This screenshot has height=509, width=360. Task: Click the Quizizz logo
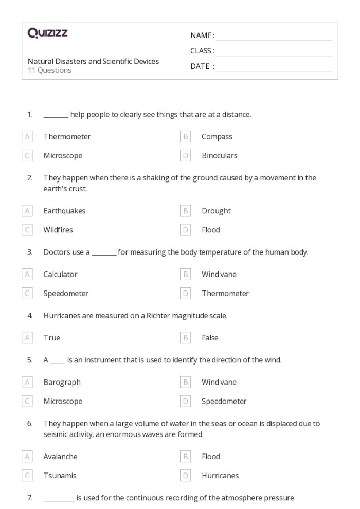click(x=47, y=34)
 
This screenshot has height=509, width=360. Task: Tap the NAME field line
click(x=274, y=36)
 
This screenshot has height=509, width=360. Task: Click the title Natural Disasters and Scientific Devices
click(x=93, y=61)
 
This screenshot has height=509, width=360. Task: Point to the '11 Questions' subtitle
click(x=49, y=70)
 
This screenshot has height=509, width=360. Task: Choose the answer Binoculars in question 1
click(x=219, y=156)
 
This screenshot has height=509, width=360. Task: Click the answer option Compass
click(x=217, y=137)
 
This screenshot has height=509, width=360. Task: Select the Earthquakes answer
click(x=64, y=211)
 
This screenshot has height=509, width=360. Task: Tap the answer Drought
click(x=216, y=211)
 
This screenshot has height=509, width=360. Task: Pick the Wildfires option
click(x=58, y=230)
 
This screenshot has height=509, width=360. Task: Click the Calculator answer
click(x=60, y=275)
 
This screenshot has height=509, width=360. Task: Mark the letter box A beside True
click(x=27, y=338)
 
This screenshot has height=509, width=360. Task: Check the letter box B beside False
click(x=186, y=338)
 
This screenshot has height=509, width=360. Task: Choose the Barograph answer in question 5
click(x=62, y=383)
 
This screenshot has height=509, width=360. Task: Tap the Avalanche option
click(x=60, y=457)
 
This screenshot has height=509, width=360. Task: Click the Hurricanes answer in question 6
click(x=220, y=476)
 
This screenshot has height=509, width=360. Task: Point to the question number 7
click(x=30, y=498)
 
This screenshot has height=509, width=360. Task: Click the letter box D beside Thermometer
click(x=186, y=294)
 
